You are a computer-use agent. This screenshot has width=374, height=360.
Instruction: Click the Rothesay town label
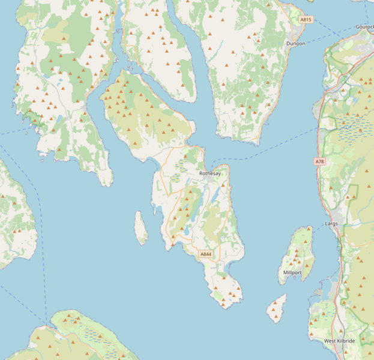[210, 173]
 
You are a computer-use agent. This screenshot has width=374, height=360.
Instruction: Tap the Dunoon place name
[295, 44]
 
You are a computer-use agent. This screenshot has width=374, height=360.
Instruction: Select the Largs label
[331, 223]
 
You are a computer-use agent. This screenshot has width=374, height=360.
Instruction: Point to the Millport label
[292, 272]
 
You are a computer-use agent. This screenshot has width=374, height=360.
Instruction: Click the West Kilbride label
[339, 341]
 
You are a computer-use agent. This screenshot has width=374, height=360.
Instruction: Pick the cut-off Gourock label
[364, 27]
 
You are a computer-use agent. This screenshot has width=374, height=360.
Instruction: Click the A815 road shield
[306, 20]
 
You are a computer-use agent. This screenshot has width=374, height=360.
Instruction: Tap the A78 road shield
[319, 161]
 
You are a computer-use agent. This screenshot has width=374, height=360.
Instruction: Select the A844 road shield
[206, 254]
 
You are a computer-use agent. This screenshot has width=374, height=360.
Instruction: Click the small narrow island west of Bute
[141, 228]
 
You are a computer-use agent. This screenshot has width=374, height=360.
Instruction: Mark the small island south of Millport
[277, 308]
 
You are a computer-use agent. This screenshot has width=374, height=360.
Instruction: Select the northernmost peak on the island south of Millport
[280, 302]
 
